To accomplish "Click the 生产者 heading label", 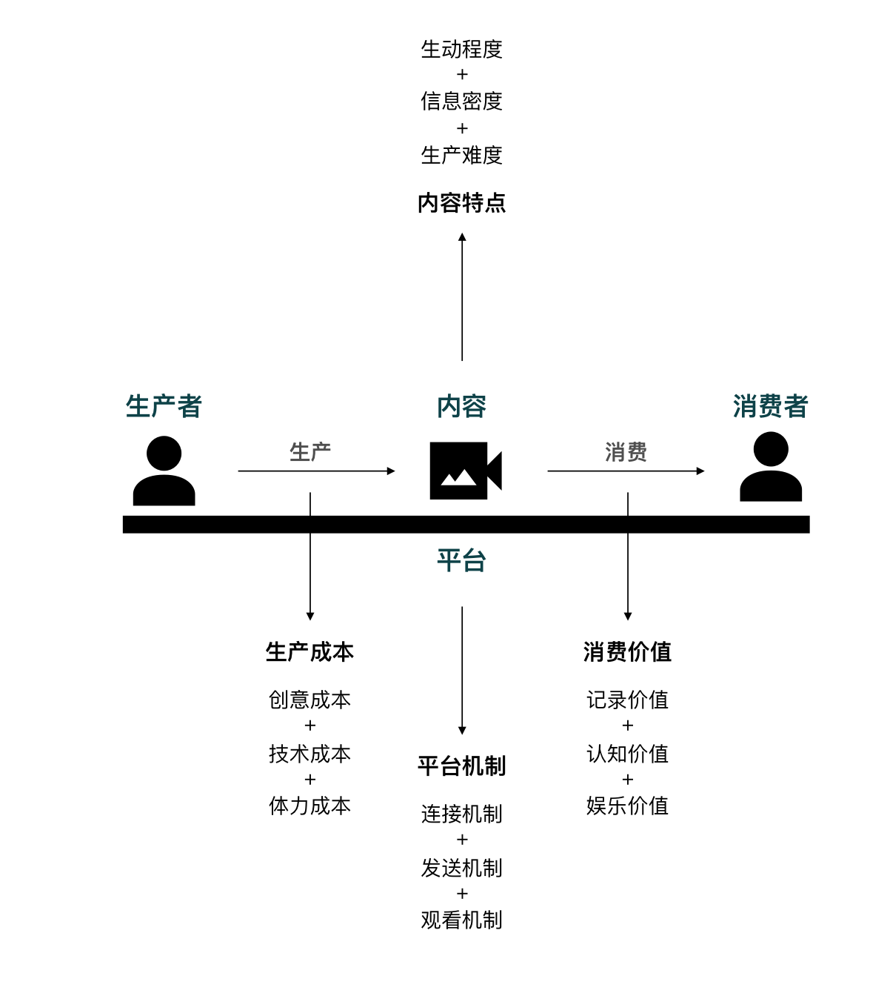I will click(164, 406).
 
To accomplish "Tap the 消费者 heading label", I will click(770, 406).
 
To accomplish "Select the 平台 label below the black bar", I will click(461, 560).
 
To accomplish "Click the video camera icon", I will click(466, 471).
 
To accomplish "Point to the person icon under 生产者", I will click(164, 471).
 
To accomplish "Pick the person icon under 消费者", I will click(771, 467).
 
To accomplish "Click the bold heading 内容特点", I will click(462, 202).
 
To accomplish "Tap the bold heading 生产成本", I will click(310, 652).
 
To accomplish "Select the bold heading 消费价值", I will click(627, 652).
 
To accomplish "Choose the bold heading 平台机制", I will click(462, 766).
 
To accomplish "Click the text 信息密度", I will click(462, 102).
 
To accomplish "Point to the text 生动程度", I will click(462, 50).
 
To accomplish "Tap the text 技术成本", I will click(310, 754).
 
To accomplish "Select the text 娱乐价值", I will click(627, 806).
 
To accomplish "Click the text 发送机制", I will click(462, 868).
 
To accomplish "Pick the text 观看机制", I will click(462, 920).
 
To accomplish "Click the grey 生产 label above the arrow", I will click(310, 451).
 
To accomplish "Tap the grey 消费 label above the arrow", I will click(626, 451).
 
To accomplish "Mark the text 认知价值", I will click(627, 754).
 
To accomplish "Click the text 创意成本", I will click(310, 700).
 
